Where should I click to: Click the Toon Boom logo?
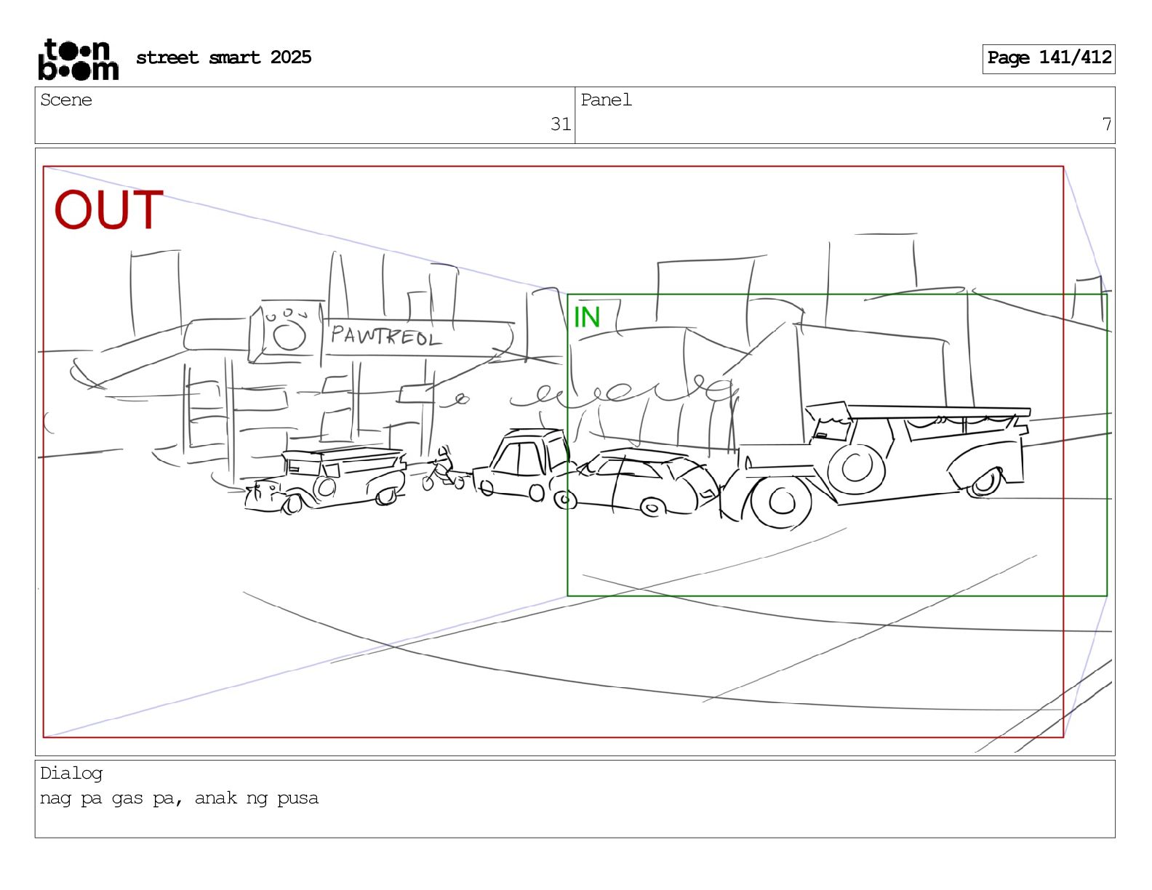[x=79, y=60]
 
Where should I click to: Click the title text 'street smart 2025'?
[x=224, y=57]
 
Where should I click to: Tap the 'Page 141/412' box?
[x=1049, y=59]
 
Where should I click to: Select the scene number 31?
[x=560, y=124]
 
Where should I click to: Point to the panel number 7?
[x=1106, y=124]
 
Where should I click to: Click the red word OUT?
[x=108, y=209]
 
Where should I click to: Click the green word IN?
[x=586, y=317]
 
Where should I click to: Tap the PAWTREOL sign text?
[x=386, y=335]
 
